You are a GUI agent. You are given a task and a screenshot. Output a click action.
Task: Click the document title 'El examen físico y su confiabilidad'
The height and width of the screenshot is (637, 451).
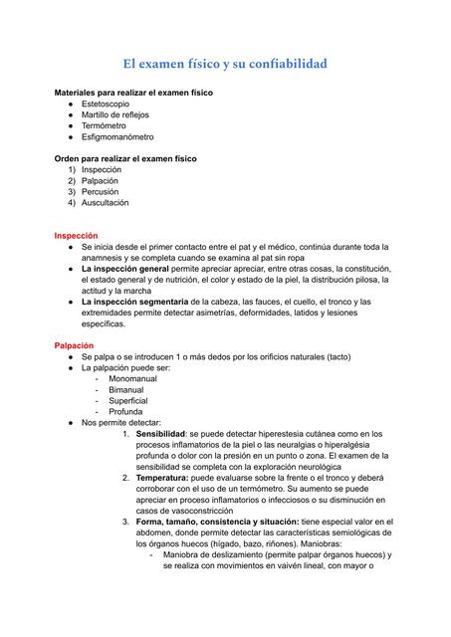point(225,65)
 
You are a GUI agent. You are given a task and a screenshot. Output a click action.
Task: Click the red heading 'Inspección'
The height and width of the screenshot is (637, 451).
point(76,236)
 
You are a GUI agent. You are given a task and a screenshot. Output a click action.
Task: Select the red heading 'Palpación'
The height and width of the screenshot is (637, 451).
point(74,345)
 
